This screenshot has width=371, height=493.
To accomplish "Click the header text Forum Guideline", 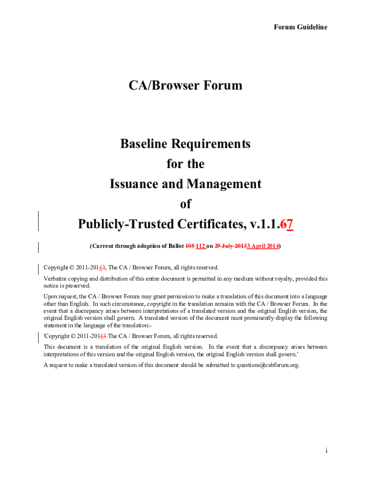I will tap(300, 27).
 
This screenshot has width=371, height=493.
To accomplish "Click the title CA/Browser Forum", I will tap(185, 86).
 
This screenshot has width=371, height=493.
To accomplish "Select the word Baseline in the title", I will tap(149, 144).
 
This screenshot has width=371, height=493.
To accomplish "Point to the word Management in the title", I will tap(224, 184).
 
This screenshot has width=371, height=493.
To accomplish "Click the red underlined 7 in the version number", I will tap(291, 224).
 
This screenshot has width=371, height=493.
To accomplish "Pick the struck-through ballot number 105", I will tap(190, 246).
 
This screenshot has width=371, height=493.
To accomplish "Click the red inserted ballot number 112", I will tap(200, 246).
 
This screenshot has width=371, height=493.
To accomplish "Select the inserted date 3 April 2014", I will tap(263, 246).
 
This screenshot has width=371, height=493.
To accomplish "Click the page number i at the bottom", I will tap(326, 451).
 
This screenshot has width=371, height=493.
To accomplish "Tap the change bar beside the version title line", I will tap(39, 221).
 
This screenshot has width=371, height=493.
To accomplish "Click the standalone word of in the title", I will tap(185, 204).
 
